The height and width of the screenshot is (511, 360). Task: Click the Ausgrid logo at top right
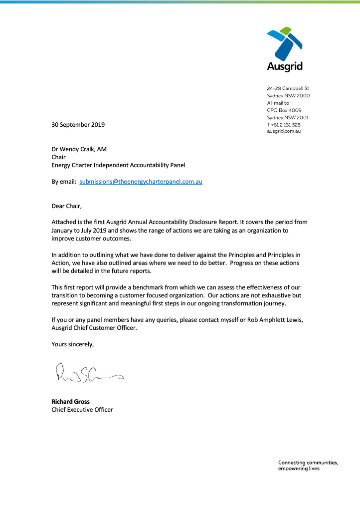[x=285, y=50]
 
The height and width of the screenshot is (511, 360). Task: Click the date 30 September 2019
[x=78, y=125]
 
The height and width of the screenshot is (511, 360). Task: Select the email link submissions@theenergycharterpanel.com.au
[x=141, y=182]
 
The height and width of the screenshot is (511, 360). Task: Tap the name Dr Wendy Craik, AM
[x=79, y=149]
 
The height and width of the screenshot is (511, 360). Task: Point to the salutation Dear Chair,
[x=68, y=206]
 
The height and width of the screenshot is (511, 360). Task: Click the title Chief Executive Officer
[x=82, y=410]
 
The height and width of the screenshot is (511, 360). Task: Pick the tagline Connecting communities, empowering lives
[x=308, y=466]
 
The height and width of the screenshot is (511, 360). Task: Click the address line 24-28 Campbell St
[x=288, y=88]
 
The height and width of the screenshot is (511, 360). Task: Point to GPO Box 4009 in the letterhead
[x=284, y=110]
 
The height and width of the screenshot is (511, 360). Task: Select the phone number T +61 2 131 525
[x=284, y=125]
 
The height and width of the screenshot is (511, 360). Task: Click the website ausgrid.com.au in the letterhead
[x=284, y=132]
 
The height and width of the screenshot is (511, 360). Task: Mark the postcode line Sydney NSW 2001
[x=288, y=117]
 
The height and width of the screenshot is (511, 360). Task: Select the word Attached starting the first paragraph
[x=65, y=222]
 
